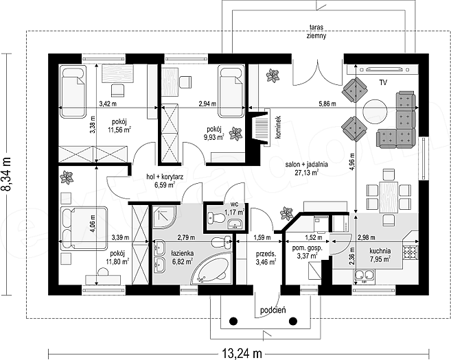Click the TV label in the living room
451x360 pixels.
[x=383, y=83]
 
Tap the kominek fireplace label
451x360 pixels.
[x=278, y=128]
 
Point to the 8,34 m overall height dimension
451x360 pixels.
[x=6, y=174]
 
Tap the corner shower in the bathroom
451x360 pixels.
[x=163, y=217]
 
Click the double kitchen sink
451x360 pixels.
[x=364, y=276]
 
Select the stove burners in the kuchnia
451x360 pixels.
[x=410, y=251]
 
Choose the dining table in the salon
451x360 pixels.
[x=389, y=197]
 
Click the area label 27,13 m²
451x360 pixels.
[x=306, y=172]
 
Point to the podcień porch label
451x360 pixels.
[x=273, y=310]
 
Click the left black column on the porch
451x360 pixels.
[x=233, y=320]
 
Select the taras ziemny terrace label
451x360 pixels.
[x=316, y=32]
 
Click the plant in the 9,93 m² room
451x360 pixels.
[x=236, y=134]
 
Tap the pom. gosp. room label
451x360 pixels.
[x=307, y=248]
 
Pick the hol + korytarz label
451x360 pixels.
[x=165, y=177]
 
